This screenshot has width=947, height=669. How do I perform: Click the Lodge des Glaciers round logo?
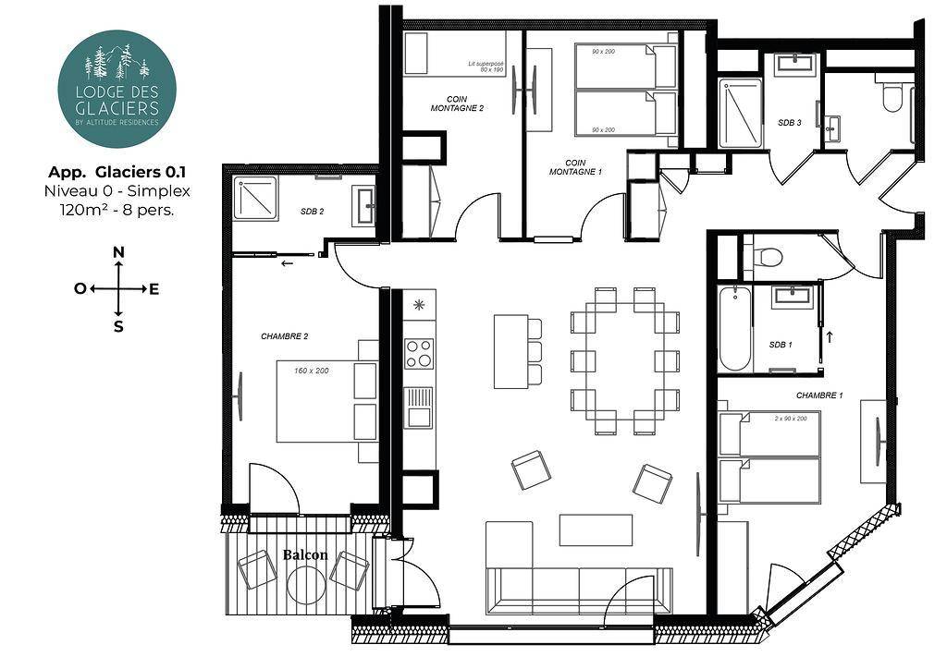click(x=117, y=89)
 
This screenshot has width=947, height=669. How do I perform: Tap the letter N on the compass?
click(x=119, y=252)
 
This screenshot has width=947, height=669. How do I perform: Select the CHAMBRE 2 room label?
click(x=285, y=336)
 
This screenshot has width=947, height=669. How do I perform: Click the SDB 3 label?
click(x=790, y=123)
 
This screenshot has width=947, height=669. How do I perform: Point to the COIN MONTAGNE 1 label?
click(x=575, y=167)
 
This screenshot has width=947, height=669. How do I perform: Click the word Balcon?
click(x=305, y=554)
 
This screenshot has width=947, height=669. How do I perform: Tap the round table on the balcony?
click(x=306, y=584)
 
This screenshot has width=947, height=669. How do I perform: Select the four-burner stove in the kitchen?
click(x=419, y=354)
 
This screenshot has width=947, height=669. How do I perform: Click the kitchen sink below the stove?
click(x=419, y=407)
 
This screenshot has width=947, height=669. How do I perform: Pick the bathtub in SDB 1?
click(x=735, y=329)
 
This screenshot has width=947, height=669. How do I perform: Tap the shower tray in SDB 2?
click(x=255, y=198)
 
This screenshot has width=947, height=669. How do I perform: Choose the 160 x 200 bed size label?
click(x=312, y=371)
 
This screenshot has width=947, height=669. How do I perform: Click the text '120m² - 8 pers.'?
click(x=117, y=211)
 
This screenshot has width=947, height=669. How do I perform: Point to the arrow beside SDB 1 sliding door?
click(x=830, y=336)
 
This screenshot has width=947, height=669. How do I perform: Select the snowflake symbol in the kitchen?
click(x=419, y=305)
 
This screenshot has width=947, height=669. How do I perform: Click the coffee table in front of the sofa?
click(x=596, y=529)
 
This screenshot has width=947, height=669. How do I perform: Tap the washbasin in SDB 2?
click(x=363, y=206)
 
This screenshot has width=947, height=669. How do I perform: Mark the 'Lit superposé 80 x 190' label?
click(x=486, y=67)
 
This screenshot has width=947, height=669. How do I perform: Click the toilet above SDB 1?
click(x=768, y=256)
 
